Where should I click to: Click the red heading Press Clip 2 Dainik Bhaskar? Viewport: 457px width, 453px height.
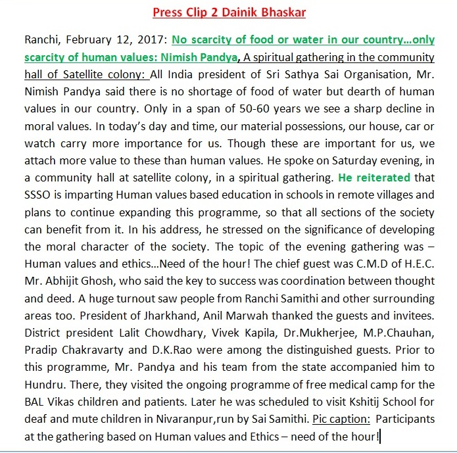228,12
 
